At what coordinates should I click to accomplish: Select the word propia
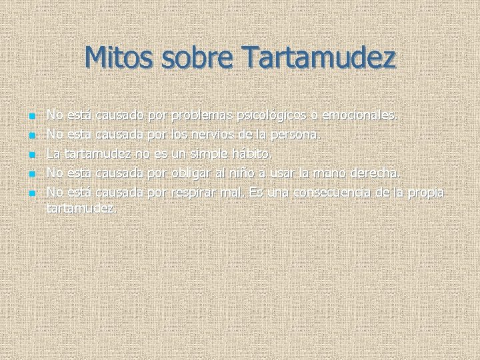pyautogui.click(x=427, y=193)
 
